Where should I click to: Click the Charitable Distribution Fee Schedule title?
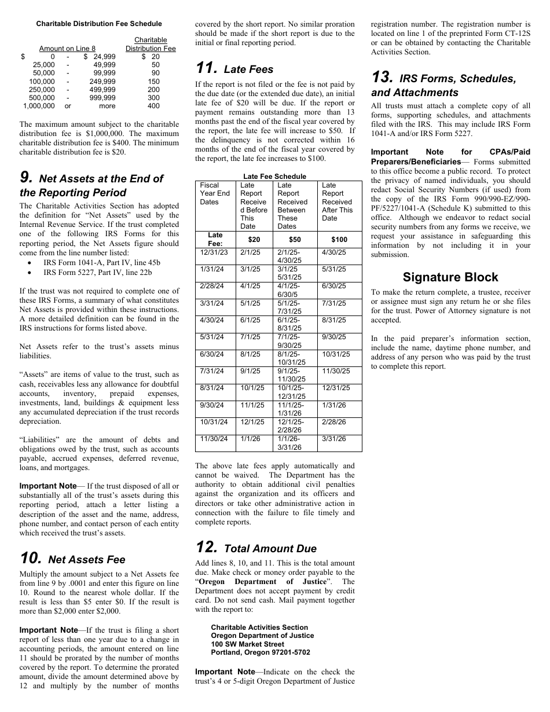coord(99,24)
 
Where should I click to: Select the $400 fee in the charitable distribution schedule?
coord(153,106)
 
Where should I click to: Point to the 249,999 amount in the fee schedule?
coord(102,82)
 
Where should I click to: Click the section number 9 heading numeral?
coord(27,179)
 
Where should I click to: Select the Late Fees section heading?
coord(248,69)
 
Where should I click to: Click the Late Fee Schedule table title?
coord(274,176)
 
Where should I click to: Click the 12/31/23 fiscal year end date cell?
coord(214,252)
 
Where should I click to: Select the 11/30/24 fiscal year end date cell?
coord(214,439)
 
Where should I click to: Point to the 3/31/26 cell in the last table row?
coord(333,439)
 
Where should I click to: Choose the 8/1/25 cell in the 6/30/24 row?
coord(252,354)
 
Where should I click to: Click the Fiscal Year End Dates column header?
coord(215,193)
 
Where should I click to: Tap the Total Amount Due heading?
coord(270,549)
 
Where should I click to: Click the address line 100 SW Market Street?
coord(247,644)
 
